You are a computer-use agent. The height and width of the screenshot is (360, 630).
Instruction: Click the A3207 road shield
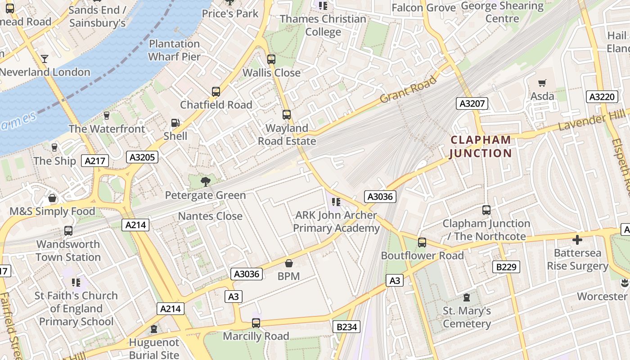[x=472, y=103]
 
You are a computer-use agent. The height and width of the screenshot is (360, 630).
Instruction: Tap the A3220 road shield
[x=602, y=97]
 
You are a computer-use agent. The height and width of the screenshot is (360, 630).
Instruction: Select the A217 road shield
[x=95, y=161]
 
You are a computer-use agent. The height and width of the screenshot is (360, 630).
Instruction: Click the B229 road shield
[x=506, y=267]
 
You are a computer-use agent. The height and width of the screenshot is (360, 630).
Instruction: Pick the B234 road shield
[x=346, y=327]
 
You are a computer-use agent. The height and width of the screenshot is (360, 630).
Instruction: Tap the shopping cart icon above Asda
[x=542, y=83]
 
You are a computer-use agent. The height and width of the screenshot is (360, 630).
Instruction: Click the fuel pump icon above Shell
[x=175, y=122]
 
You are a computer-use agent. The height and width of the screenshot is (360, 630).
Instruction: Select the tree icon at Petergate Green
[x=205, y=182]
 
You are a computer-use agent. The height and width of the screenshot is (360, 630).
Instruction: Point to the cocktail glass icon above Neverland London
[x=45, y=58]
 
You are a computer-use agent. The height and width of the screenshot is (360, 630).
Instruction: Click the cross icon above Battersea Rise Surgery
[x=577, y=239]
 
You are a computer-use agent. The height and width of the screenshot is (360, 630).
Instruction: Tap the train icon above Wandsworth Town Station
[x=68, y=231]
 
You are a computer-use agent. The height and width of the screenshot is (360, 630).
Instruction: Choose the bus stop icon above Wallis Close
[x=271, y=59]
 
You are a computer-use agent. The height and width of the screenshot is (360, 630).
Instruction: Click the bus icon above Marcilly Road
[x=256, y=323]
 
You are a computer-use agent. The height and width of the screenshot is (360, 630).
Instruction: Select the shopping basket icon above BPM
[x=288, y=263]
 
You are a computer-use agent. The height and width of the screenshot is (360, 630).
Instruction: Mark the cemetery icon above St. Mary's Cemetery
[x=467, y=297]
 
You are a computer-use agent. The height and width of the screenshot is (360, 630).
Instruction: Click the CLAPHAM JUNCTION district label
[x=481, y=147]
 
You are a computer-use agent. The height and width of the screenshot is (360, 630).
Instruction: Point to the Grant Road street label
[x=408, y=89]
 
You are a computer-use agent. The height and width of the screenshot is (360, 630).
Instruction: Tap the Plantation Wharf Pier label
[x=174, y=50]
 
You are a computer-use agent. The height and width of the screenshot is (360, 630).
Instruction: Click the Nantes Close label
[x=210, y=216]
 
